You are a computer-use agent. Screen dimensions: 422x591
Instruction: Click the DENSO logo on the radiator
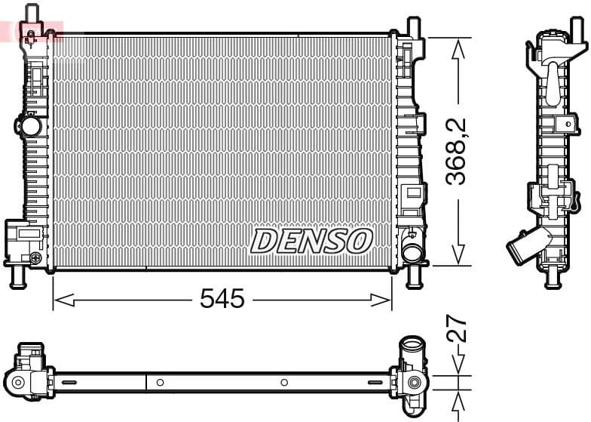tap(311, 242)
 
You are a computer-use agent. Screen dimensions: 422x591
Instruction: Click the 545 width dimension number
tap(222, 300)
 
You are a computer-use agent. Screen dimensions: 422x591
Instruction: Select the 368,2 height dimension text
tap(456, 151)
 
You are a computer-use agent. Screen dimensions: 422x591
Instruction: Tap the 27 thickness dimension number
tap(457, 329)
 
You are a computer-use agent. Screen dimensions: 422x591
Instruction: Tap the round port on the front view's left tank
tap(30, 125)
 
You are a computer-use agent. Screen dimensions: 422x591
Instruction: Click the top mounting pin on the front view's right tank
tap(413, 26)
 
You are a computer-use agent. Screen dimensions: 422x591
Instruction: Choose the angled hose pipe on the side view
tap(520, 248)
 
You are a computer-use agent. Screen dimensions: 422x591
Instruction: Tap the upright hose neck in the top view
tap(412, 350)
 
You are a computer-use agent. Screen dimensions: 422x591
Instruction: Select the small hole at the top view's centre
tap(284, 383)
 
